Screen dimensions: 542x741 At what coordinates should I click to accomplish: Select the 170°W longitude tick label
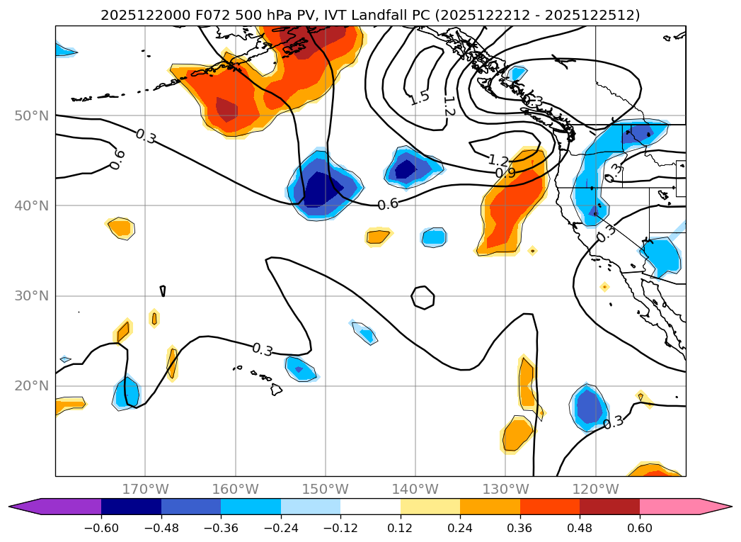point(145,489)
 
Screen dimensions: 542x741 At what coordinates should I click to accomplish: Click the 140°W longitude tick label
point(415,489)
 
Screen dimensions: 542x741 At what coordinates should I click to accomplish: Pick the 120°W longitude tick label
point(595,489)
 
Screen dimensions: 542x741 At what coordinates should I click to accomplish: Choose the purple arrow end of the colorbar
point(25,506)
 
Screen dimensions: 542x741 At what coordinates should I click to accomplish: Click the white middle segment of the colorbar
point(370,506)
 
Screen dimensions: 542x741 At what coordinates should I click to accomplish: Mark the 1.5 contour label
point(419,98)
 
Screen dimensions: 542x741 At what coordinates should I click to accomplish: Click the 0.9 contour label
point(505,173)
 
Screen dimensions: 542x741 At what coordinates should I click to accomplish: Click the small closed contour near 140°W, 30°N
point(423,297)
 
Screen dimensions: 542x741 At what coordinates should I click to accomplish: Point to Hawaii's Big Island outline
point(276,389)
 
